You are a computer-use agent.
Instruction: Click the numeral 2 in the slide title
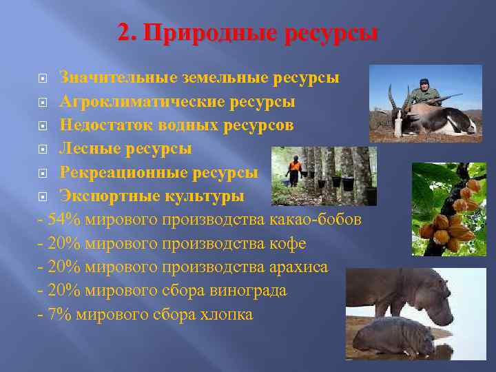(x=124, y=33)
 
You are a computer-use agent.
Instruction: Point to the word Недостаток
(x=103, y=125)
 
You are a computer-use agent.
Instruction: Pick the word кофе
(x=289, y=243)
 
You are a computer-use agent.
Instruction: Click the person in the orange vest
(x=295, y=169)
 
